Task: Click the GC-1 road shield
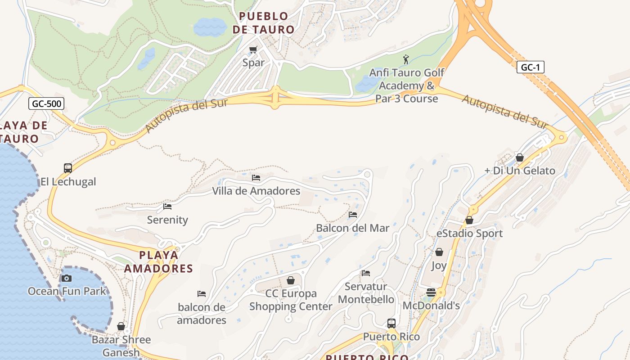tap(530, 67)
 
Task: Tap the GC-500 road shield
tap(47, 104)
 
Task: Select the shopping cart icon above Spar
tap(253, 49)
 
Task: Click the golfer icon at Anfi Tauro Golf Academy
tap(406, 59)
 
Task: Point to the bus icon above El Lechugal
tap(68, 168)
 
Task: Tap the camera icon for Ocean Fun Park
tap(67, 278)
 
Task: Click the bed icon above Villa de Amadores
tap(256, 178)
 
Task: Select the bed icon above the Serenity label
tap(167, 207)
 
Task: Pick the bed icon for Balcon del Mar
tap(353, 215)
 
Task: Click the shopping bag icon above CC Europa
tap(291, 280)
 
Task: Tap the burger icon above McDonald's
tap(431, 292)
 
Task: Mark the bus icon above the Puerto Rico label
tap(391, 323)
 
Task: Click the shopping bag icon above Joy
tap(439, 252)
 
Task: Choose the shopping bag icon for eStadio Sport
tap(469, 220)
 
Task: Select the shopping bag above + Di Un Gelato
tap(520, 157)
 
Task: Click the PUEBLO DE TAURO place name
tap(267, 23)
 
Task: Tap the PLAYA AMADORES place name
tap(158, 262)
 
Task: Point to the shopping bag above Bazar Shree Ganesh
tap(121, 326)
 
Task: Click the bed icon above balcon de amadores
tap(202, 294)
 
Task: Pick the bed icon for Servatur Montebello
tap(366, 273)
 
